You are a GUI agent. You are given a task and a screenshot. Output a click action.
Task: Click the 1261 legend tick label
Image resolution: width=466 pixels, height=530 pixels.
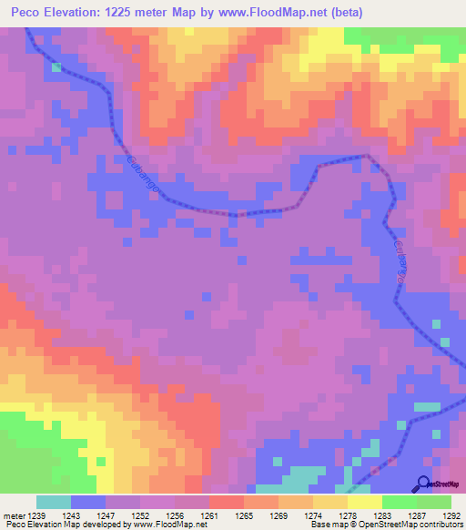tap(210, 515)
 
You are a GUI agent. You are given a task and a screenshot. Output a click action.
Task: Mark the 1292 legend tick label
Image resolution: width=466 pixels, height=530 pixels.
tap(450, 515)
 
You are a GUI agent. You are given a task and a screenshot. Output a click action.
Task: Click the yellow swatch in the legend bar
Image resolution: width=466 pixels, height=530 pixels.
tap(364, 502)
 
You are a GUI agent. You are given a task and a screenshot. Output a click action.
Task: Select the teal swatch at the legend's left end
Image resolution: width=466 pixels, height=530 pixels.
tap(54, 502)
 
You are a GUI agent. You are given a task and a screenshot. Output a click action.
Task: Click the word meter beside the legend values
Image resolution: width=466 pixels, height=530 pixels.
tap(14, 515)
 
